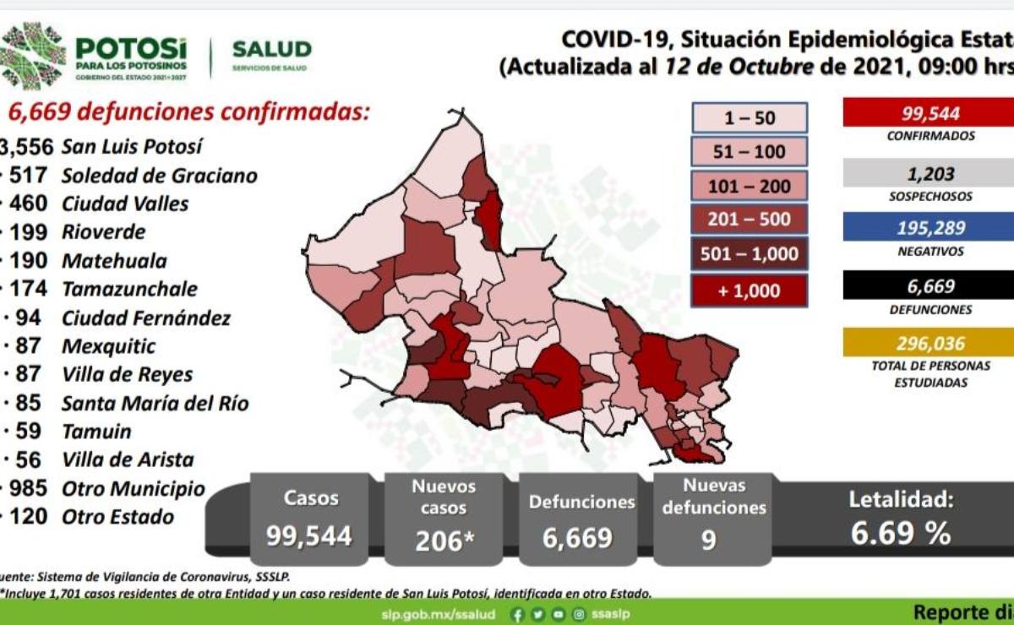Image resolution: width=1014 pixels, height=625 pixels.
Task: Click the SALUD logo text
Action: click(x=271, y=49)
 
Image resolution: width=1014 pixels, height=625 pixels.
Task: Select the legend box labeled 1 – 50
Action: click(x=750, y=118)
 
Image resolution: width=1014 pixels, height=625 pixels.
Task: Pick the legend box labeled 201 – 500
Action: click(x=750, y=220)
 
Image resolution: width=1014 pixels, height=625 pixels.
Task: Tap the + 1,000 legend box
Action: click(x=750, y=291)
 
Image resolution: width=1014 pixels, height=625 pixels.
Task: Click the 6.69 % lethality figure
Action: click(x=901, y=534)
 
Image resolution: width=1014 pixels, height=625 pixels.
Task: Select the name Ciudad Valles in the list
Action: click(x=125, y=204)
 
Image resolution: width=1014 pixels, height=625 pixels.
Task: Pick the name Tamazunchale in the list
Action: click(x=129, y=289)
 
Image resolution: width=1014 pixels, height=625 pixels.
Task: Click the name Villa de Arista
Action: click(x=128, y=459)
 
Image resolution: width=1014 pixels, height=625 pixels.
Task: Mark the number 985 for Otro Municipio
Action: click(x=33, y=488)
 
